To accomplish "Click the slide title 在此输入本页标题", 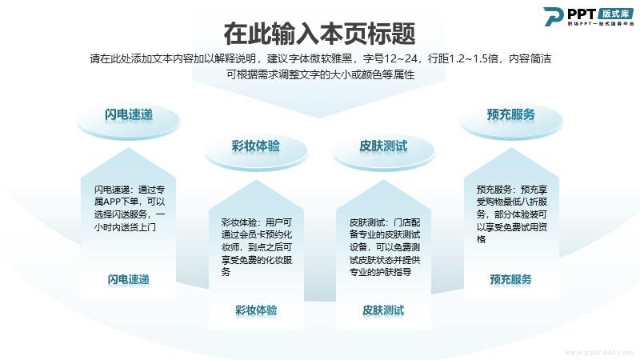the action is tap(319, 34).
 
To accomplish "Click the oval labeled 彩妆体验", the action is tap(256, 151).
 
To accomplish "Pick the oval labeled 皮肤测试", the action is tap(383, 151).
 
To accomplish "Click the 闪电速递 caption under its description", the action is tap(129, 279).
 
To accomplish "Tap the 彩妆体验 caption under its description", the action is tap(256, 310).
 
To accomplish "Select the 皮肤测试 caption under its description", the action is tap(383, 310).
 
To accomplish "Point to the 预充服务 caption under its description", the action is tap(511, 279).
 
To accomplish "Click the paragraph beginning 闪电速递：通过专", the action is tap(130, 208).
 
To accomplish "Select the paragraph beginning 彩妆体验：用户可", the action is tap(257, 247).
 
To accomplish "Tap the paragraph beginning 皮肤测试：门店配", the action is tap(385, 247).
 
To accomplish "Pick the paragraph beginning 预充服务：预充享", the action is tap(512, 214).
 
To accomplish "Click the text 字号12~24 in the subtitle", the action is tap(390, 58).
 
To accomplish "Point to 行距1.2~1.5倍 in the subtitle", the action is tap(463, 58).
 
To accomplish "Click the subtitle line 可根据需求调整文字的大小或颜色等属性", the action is tap(321, 74).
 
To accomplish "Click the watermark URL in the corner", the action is tap(599, 352).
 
